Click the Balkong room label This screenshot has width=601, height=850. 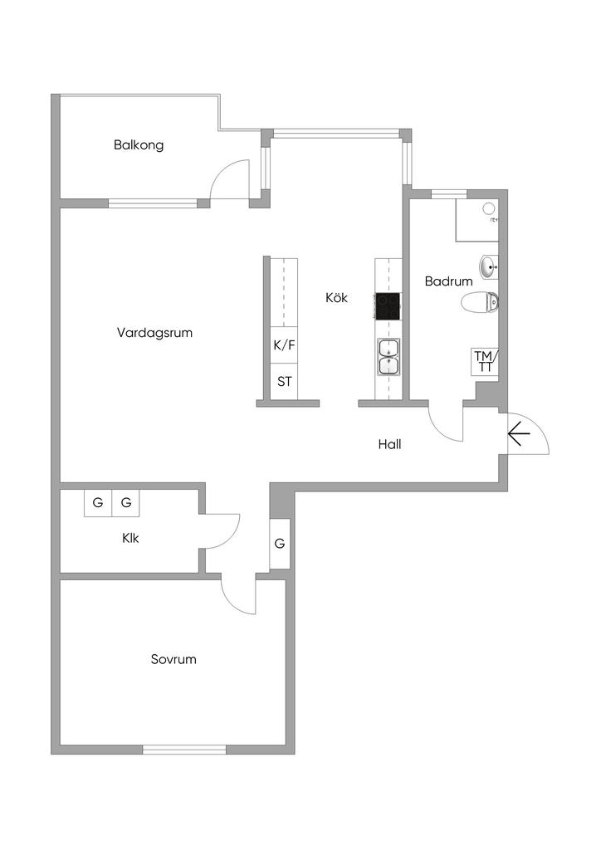[x=139, y=145]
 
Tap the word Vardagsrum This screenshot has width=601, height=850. [x=155, y=333]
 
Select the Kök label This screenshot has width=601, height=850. [x=336, y=297]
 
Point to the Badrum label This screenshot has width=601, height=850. [x=448, y=281]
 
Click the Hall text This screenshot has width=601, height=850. [x=389, y=445]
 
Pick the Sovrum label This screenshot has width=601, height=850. [x=173, y=660]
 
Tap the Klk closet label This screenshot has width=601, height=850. [x=130, y=538]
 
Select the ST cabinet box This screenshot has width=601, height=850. [x=284, y=382]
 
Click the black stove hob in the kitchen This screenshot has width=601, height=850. [x=388, y=306]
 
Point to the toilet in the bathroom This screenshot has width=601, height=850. [x=481, y=303]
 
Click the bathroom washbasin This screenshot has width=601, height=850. [x=488, y=266]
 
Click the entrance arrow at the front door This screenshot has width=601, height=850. [x=520, y=433]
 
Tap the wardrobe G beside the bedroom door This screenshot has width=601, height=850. [x=280, y=545]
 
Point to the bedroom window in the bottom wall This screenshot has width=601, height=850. [x=184, y=750]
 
